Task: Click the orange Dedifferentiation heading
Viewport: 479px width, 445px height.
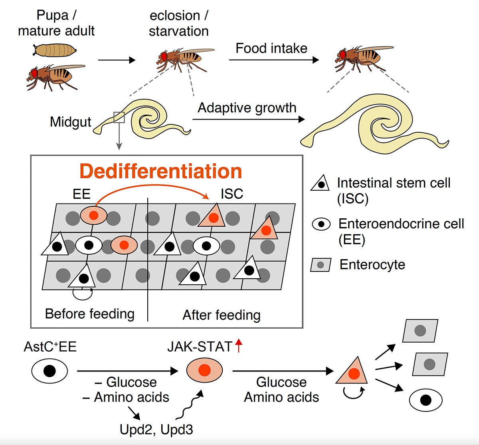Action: tap(160, 171)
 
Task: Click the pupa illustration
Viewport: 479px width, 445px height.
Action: tap(55, 50)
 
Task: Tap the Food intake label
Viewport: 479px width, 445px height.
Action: tap(271, 48)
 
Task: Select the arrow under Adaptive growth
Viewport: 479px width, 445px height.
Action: tap(248, 119)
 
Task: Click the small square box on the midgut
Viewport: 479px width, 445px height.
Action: tap(119, 118)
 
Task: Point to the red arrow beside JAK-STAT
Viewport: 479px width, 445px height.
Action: tap(239, 345)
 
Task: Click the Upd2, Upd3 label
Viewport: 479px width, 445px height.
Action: tap(156, 429)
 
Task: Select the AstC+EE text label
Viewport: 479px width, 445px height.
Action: tap(50, 346)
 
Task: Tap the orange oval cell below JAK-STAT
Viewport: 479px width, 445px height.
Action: tap(204, 370)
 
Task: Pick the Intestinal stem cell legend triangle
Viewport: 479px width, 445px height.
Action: tap(320, 183)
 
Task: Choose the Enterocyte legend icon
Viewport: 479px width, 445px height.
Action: tap(321, 265)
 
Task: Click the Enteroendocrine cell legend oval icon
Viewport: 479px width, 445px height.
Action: tap(321, 224)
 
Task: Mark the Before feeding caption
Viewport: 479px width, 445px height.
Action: tap(90, 314)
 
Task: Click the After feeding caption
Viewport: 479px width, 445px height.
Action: tap(222, 315)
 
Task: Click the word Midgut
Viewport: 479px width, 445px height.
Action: tap(70, 122)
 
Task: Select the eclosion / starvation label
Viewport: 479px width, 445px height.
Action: tap(179, 24)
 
